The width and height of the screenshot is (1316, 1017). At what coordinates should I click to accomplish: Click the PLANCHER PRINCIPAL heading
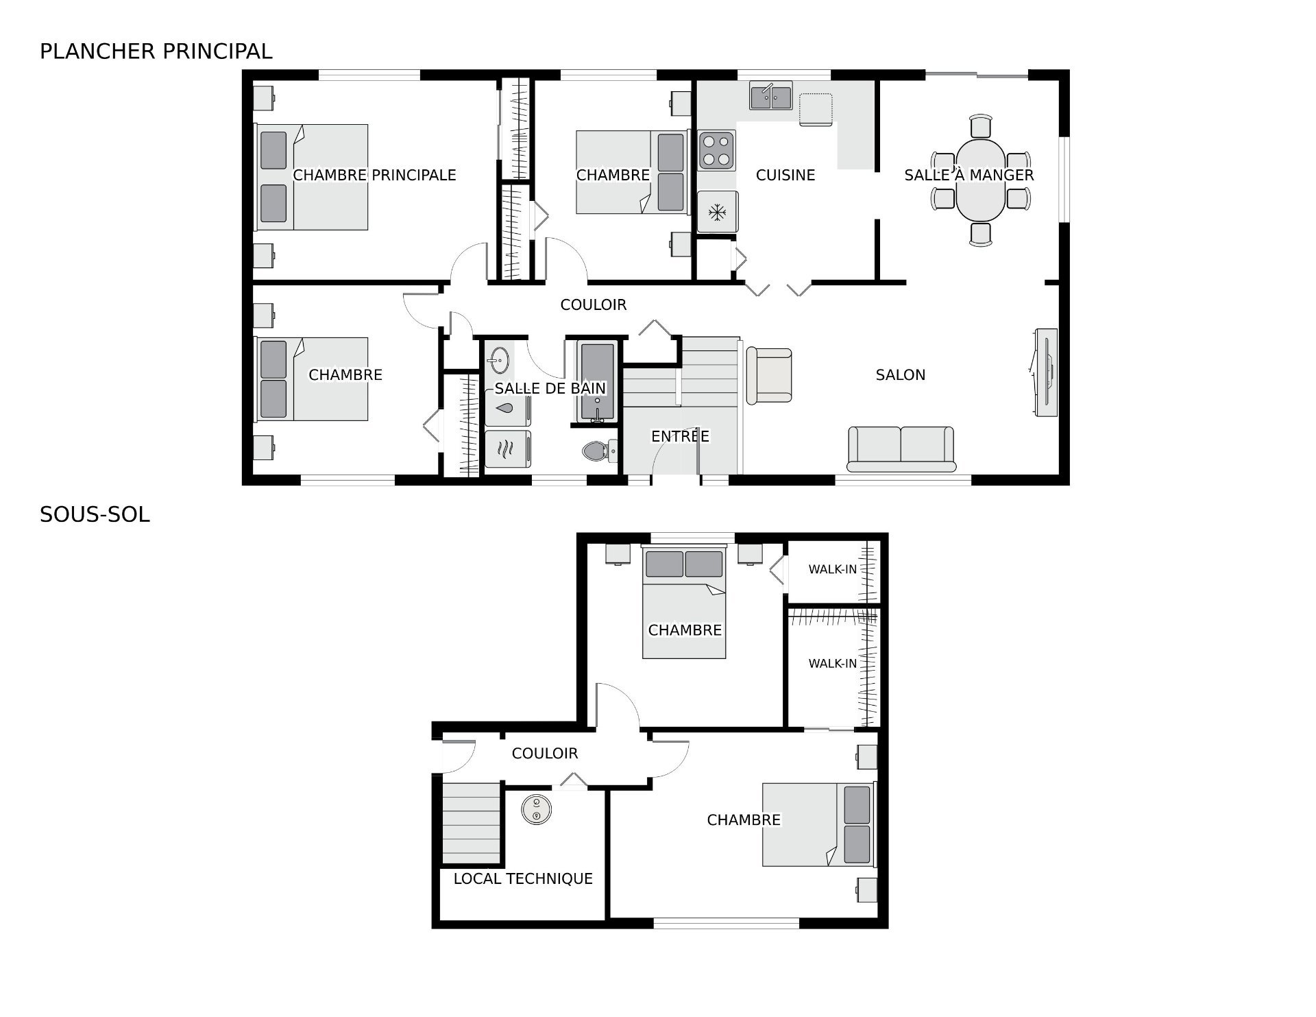point(156,51)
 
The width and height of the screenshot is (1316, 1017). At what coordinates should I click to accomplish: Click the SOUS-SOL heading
point(95,515)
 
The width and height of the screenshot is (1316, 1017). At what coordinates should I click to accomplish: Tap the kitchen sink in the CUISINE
point(770,96)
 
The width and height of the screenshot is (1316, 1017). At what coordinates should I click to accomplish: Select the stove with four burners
point(716,151)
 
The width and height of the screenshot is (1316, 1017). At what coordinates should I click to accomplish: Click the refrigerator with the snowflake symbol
point(717,212)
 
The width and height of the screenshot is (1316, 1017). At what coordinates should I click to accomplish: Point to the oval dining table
point(980,180)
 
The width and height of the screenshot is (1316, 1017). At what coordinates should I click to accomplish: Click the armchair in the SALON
point(769,375)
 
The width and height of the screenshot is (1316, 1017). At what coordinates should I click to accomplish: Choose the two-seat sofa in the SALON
point(901,448)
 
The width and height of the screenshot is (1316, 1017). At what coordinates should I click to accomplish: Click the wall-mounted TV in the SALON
point(1046,372)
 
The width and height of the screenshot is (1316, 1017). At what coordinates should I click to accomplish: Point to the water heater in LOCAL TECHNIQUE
point(535,809)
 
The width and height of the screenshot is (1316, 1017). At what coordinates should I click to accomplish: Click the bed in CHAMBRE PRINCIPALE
point(312,177)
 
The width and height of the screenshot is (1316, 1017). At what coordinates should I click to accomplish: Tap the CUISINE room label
point(785,176)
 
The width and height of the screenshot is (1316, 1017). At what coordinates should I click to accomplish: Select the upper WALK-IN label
point(832,569)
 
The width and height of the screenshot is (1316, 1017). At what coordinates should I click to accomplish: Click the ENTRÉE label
point(680,436)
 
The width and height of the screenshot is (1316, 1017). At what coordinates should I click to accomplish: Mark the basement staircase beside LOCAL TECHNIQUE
point(470,823)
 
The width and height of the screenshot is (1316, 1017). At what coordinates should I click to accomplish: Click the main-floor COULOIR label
point(593,305)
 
